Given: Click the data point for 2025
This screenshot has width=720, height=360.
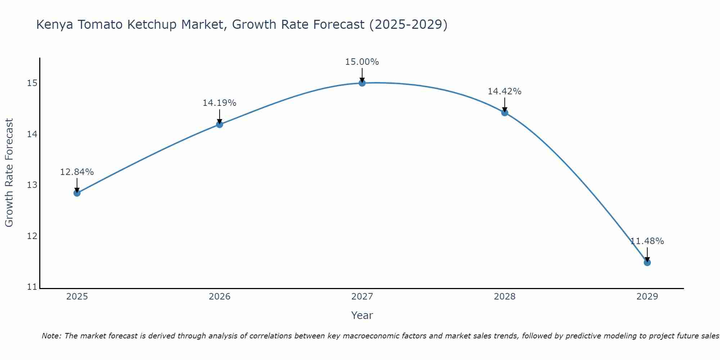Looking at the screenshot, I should [x=77, y=193].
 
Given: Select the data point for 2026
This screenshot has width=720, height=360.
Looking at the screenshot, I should [x=219, y=125].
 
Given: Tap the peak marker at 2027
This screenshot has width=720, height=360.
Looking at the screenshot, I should [x=362, y=83].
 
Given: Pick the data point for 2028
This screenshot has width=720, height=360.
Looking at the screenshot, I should [x=505, y=113].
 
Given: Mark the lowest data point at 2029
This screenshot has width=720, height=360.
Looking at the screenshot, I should [x=647, y=262].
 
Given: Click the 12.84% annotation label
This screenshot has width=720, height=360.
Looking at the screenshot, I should [x=77, y=172].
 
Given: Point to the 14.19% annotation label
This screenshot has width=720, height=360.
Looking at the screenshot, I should [x=219, y=103].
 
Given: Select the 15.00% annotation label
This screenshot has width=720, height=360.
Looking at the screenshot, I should [x=362, y=62].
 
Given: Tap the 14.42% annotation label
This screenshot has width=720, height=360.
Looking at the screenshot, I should [x=505, y=91].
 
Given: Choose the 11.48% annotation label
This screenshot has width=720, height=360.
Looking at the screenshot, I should [x=647, y=241].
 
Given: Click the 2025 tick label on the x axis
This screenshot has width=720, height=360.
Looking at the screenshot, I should [x=77, y=297].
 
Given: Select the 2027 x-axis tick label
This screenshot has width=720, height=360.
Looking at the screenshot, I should [x=362, y=297].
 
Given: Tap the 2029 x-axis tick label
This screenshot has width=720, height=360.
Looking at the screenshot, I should [x=647, y=297].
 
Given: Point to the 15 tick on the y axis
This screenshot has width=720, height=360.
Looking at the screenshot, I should [x=32, y=83].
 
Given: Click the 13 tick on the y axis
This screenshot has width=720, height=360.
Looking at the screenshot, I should [x=32, y=185].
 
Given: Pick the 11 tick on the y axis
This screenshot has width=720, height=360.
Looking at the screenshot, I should [x=32, y=287].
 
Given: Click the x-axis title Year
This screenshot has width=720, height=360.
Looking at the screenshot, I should [x=362, y=315].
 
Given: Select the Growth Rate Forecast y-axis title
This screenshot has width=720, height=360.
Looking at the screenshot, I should [x=9, y=173].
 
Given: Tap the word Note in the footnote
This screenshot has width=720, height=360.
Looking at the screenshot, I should [x=51, y=336].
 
